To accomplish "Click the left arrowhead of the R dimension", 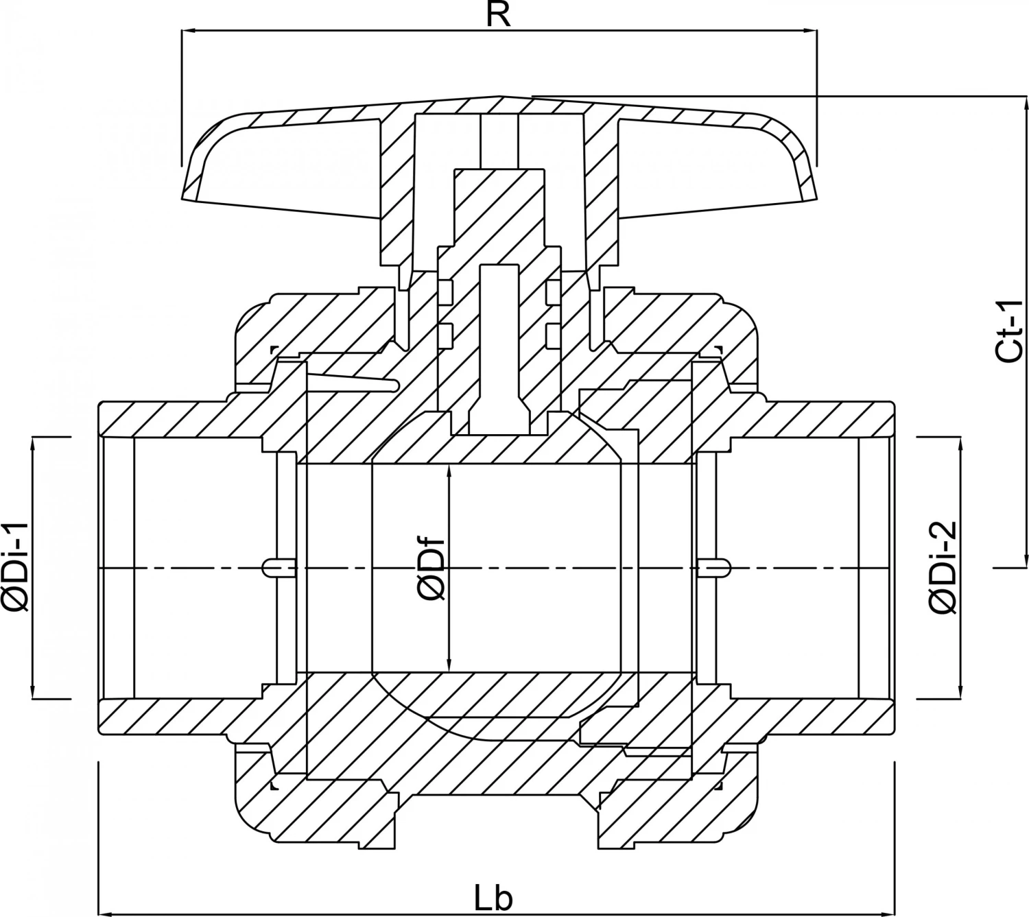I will pyautogui.click(x=187, y=30).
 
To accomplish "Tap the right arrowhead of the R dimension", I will pyautogui.click(x=811, y=30).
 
